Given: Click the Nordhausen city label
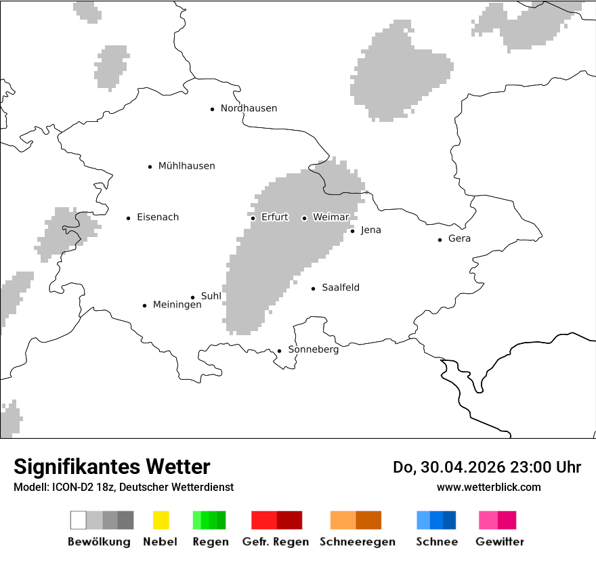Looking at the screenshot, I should click(249, 108).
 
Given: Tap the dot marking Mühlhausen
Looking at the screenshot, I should click(150, 167).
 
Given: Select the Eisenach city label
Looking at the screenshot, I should click(158, 217).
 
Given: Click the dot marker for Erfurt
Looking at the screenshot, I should click(253, 218).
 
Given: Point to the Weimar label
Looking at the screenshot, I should click(331, 217).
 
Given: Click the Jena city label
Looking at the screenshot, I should click(370, 230).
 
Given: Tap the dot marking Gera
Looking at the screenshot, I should click(440, 240).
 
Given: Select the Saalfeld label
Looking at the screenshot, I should click(341, 288).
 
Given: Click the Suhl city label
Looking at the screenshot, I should click(211, 296).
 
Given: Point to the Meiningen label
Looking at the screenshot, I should click(177, 305).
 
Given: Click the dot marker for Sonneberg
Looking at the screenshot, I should click(279, 351).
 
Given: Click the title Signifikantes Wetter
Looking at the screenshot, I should click(112, 467).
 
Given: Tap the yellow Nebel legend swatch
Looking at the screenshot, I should click(161, 520).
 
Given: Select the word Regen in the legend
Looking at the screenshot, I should click(209, 542).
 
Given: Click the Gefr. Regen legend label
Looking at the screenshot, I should click(275, 542).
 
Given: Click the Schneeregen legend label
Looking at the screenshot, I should click(358, 542).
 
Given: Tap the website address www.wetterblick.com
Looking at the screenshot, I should click(488, 487).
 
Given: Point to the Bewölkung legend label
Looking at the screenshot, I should click(99, 542).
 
